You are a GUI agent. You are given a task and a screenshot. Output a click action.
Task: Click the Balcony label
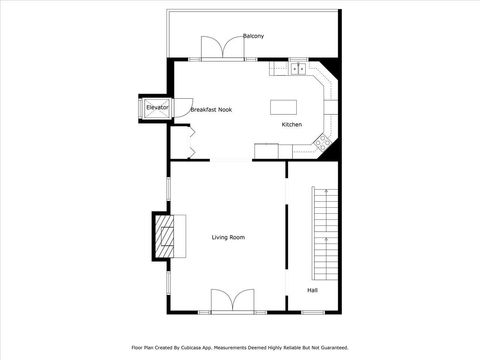pyautogui.click(x=254, y=36)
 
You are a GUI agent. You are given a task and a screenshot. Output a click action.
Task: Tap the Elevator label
pyautogui.click(x=158, y=106)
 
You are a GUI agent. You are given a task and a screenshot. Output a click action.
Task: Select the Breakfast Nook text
pyautogui.click(x=211, y=109)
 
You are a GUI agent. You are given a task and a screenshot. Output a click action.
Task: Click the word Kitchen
pyautogui.click(x=291, y=125)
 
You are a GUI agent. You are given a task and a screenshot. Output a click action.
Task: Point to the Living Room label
pyautogui.click(x=228, y=237)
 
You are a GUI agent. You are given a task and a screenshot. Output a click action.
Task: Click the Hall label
pyautogui.click(x=313, y=291)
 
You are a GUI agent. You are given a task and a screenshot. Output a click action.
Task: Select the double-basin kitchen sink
pyautogui.click(x=298, y=68)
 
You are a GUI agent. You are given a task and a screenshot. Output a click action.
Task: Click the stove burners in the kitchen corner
pyautogui.click(x=323, y=144)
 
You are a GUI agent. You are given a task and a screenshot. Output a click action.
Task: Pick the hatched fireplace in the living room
pyautogui.click(x=167, y=237)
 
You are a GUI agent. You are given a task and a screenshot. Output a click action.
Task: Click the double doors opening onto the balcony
pyautogui.click(x=220, y=49)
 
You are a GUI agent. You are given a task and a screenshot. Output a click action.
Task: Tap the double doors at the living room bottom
pyautogui.click(x=232, y=300)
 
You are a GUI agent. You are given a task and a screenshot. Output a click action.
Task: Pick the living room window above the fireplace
pyautogui.click(x=168, y=189)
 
